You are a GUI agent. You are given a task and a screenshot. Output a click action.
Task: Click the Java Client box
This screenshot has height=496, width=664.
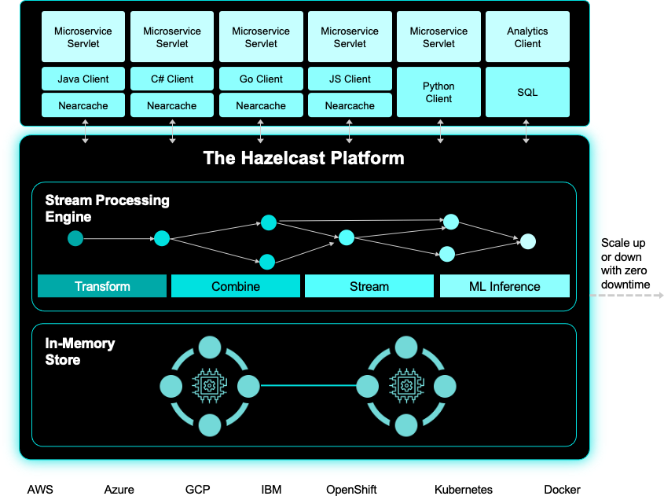pos(83,79)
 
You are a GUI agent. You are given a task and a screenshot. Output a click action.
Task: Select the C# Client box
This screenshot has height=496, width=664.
pos(172,79)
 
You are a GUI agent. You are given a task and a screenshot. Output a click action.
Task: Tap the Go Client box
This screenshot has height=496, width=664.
pos(261,79)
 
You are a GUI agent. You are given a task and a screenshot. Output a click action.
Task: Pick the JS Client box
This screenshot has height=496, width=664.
pos(350,79)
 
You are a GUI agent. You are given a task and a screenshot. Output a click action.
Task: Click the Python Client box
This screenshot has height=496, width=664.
pos(438,92)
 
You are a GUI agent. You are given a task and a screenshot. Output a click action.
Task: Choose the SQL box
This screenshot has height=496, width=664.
pos(527,92)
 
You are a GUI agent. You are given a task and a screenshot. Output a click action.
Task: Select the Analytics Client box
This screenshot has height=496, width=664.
pos(527,37)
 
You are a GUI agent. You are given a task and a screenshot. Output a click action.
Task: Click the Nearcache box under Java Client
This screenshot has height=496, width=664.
pos(83,105)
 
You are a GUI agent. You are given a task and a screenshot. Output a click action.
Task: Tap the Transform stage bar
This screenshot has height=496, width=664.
pos(102,286)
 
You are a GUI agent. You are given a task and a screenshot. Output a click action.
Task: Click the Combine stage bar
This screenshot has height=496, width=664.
pos(236,286)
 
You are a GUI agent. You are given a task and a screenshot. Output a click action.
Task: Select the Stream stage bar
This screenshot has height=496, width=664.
pos(369,286)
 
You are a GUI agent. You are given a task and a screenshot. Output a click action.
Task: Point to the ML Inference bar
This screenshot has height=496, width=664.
pos(504,286)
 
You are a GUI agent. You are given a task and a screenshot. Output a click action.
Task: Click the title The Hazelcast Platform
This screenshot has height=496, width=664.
pos(303,158)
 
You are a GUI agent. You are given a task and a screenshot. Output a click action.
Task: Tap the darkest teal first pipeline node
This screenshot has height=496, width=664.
pos(75,238)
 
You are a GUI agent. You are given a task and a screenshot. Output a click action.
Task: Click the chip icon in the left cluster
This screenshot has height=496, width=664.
pos(209,385)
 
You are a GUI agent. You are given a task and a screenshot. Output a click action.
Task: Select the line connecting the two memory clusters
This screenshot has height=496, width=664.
pos(307,385)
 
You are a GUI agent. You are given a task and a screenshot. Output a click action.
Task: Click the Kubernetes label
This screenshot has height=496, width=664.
pos(464,489)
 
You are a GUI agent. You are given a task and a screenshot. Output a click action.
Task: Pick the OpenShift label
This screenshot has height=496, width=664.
pos(351,489)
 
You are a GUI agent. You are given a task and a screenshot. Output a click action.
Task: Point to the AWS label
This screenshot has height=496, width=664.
pos(40,489)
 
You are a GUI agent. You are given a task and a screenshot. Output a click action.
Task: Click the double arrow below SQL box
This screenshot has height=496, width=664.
pos(526,131)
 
